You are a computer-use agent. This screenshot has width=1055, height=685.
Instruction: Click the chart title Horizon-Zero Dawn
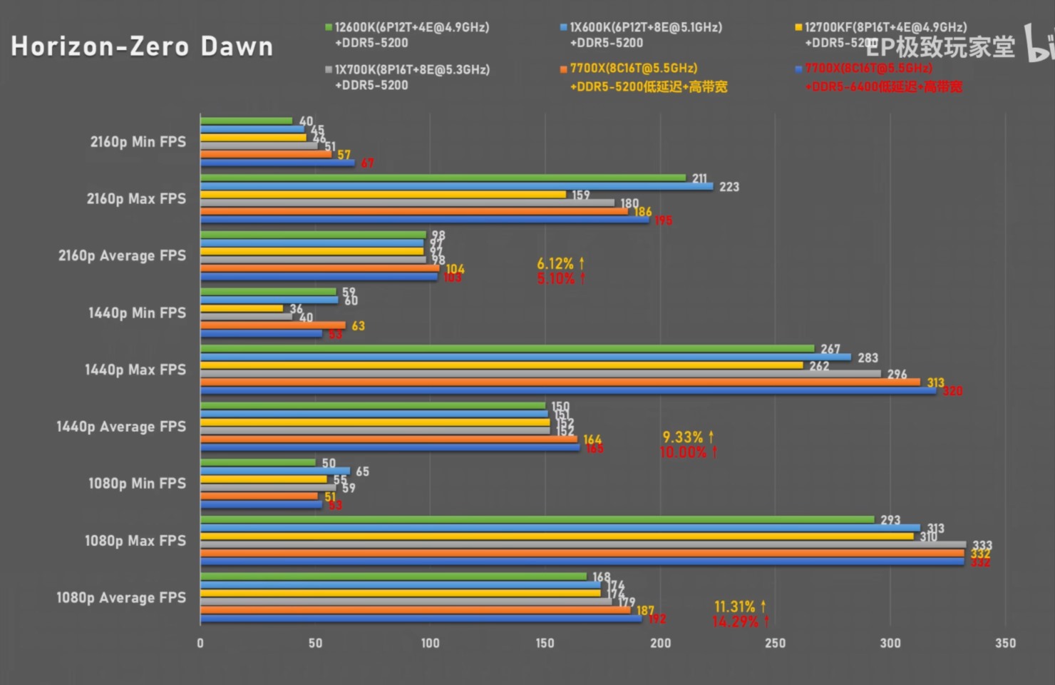pos(142,46)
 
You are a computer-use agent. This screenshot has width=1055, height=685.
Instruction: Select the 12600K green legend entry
pos(406,28)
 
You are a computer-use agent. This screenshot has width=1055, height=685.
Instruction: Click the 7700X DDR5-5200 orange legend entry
pos(633,69)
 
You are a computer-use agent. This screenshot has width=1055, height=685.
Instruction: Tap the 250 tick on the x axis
pos(775,644)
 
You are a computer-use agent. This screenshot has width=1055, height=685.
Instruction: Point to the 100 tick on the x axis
pos(430,644)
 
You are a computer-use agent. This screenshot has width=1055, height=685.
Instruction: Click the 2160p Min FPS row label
pos(138,142)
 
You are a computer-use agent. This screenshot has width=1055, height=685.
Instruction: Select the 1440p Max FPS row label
pos(135,370)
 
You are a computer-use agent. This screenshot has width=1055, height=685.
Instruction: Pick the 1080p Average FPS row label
pos(121,598)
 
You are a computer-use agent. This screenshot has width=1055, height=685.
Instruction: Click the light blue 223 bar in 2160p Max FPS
pos(456,186)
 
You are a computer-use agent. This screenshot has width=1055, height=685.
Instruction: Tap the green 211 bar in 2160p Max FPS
pos(442,178)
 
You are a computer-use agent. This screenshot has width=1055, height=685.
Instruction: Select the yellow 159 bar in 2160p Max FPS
pos(383,194)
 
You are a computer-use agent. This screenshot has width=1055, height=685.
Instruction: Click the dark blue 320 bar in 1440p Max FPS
pos(568,390)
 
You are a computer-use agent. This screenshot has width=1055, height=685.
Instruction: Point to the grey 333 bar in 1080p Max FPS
pos(583,544)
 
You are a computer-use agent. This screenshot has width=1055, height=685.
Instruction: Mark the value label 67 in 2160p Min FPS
pos(367,163)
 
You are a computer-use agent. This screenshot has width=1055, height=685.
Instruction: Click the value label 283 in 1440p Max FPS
pos(868,358)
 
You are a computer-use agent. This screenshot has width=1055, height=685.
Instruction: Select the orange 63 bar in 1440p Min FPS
pos(273,325)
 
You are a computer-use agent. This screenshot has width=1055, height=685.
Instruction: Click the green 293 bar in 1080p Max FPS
pos(537,519)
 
